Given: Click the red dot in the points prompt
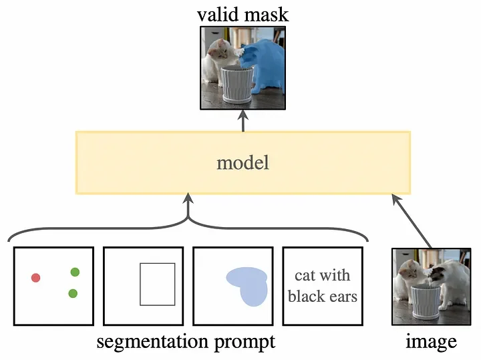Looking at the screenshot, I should (35, 277).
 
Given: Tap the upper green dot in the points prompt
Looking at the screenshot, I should (75, 272).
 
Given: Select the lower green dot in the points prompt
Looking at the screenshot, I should (73, 293).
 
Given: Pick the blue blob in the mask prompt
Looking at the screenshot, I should (248, 285).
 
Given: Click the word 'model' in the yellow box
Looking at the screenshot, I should (243, 162).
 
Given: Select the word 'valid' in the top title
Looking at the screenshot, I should (218, 14).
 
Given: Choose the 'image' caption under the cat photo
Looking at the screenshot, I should (431, 342).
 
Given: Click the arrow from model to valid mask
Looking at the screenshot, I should (243, 120).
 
